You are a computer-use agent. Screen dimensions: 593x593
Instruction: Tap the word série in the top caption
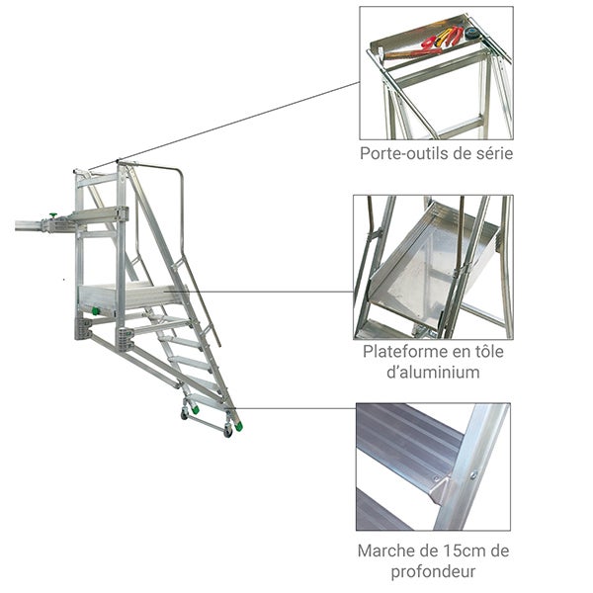click(491, 154)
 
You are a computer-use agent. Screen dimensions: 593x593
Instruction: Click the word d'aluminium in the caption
click(434, 373)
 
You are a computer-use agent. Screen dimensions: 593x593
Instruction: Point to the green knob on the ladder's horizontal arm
click(50, 216)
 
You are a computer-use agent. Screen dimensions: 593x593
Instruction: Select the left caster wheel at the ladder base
click(185, 414)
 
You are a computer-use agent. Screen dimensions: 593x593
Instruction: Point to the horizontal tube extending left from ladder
click(30, 226)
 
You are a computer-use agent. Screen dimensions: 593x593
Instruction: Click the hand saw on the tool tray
click(415, 51)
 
